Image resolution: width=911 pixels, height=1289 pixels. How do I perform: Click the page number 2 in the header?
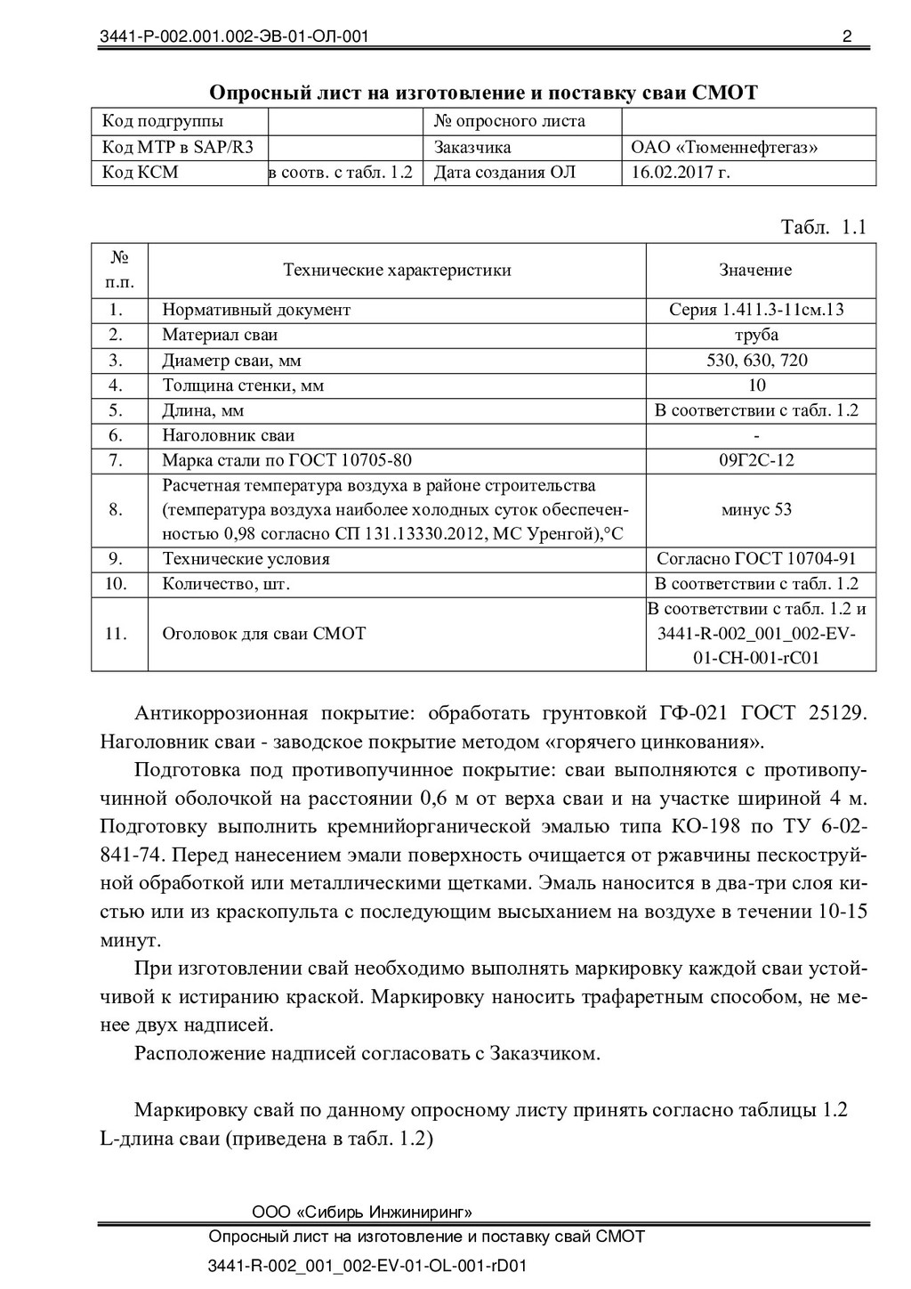tap(846, 36)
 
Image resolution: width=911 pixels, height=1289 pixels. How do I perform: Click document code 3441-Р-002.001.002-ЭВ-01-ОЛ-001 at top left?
tap(234, 36)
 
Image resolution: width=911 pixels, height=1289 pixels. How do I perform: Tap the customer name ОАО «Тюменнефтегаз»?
tap(724, 147)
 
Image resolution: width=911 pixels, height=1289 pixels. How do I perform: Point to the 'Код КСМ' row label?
tap(141, 173)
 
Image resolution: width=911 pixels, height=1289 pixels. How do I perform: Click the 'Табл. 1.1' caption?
tap(823, 227)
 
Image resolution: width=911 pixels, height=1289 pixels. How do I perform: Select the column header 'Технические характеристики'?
tap(397, 271)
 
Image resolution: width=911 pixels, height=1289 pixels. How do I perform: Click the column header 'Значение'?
tap(755, 271)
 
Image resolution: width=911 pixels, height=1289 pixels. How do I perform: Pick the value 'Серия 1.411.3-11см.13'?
tap(756, 310)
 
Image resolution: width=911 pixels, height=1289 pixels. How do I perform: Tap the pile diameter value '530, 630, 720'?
tap(756, 361)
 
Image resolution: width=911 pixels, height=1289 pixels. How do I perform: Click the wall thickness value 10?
tap(757, 385)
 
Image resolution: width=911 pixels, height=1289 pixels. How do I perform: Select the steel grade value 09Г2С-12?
tap(756, 460)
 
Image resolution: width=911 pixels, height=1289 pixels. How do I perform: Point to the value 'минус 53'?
tap(756, 510)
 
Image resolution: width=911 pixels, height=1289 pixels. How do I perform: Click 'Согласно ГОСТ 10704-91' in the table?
tap(756, 559)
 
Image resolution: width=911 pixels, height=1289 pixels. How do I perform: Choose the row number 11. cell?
tap(116, 634)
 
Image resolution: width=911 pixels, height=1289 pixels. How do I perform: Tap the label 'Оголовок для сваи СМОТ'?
tap(263, 634)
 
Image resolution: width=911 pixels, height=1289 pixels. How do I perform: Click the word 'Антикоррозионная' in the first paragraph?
tap(221, 714)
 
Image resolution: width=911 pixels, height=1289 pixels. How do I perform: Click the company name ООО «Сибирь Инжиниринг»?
tap(362, 1212)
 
